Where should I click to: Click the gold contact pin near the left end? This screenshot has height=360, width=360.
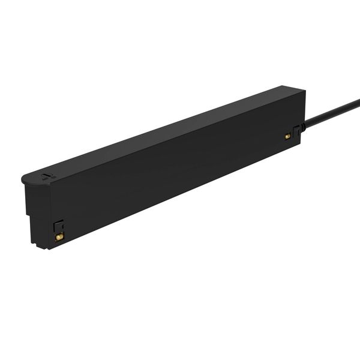[x=59, y=237]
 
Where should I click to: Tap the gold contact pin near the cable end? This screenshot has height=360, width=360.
[x=287, y=136]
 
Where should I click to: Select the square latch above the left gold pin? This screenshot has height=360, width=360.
[x=58, y=226]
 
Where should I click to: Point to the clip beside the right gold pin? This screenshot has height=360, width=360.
[x=296, y=130]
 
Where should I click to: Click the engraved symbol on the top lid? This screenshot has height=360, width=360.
[x=47, y=176]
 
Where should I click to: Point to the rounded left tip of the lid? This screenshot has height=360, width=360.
[x=23, y=179]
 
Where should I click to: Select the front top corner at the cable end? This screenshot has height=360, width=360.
[x=305, y=91]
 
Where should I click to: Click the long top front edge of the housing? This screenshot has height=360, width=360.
[x=174, y=140]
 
